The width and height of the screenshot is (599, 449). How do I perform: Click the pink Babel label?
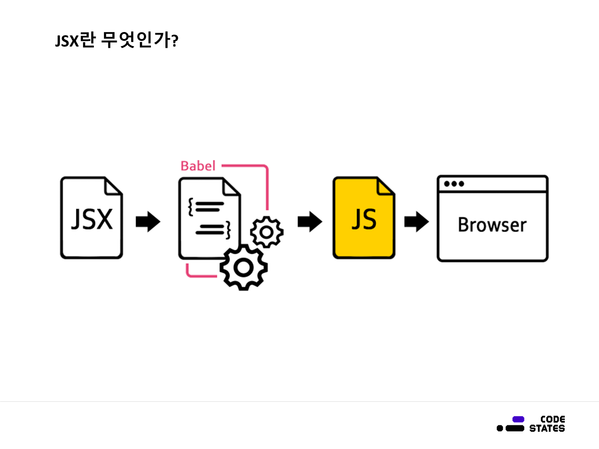coord(198,166)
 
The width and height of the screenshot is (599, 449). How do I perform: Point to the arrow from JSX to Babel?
coord(148,222)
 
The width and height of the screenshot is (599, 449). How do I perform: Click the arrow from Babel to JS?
coord(310,222)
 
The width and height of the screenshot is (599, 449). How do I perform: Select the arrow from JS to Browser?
coord(416,222)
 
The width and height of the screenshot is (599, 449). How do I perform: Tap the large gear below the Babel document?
coord(244,267)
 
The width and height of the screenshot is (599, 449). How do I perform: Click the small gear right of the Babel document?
coord(266,232)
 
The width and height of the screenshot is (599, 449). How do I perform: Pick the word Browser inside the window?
coord(492,225)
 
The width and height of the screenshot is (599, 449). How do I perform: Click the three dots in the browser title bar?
coord(454,184)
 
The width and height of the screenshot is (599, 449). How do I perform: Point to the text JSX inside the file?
coord(92,219)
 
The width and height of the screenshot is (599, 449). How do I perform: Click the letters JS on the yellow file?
coord(364,219)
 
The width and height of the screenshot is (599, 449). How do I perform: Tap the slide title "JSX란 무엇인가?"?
coord(116,40)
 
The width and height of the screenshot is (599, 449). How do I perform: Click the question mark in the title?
coord(175,42)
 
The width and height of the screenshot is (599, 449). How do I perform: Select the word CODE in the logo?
coord(552,419)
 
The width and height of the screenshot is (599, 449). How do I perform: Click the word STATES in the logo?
coord(547,428)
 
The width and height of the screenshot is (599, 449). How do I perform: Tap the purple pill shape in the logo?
coord(518,419)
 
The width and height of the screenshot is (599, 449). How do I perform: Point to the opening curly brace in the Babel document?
coord(191,207)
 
